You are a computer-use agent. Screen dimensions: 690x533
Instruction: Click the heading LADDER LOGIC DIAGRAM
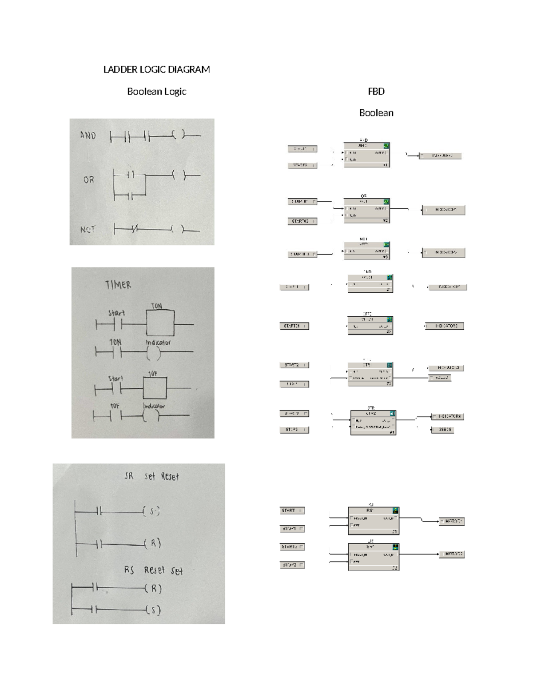coord(156,69)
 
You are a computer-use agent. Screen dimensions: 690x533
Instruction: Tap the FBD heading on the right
coord(376,92)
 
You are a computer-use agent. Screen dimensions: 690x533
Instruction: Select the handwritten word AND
coord(88,135)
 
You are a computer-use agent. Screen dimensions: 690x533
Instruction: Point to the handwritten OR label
coord(88,180)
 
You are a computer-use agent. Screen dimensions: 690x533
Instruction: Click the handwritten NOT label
coord(88,230)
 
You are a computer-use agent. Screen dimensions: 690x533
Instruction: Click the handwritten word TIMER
coord(118,285)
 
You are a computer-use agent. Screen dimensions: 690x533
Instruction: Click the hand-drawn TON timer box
coord(160,325)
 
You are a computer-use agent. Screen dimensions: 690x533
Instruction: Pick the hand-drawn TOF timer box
coord(155,388)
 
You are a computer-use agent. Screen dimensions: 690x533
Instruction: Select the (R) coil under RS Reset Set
coord(154,589)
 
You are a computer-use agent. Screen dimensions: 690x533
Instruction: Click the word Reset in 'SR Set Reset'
coord(170,477)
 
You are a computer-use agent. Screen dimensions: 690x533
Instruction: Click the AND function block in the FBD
coord(366,155)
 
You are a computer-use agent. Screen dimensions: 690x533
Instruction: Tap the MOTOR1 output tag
coord(452,521)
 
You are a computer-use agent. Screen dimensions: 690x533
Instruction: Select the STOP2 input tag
coord(292,565)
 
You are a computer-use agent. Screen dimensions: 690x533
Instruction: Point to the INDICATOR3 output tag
coord(445,326)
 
